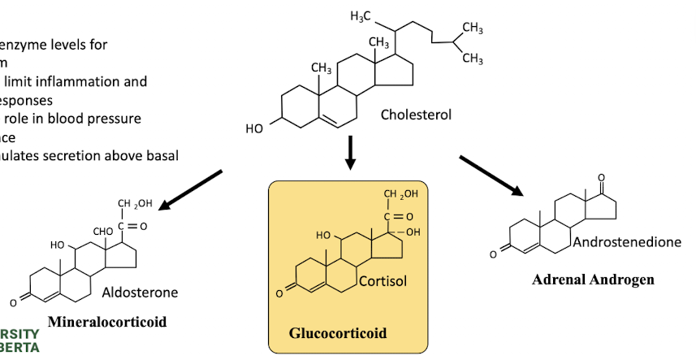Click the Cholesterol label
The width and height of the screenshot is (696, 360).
click(x=416, y=115)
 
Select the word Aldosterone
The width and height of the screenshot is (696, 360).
click(x=140, y=292)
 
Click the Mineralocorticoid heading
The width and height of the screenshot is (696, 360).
click(x=107, y=322)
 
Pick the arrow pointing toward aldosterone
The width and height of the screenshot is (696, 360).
click(x=191, y=189)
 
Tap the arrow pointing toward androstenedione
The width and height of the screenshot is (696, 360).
click(x=491, y=173)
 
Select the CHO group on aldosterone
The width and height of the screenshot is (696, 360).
click(x=103, y=231)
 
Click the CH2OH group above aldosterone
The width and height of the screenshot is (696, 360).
click(x=134, y=204)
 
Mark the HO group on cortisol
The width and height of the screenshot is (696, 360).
click(x=323, y=236)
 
